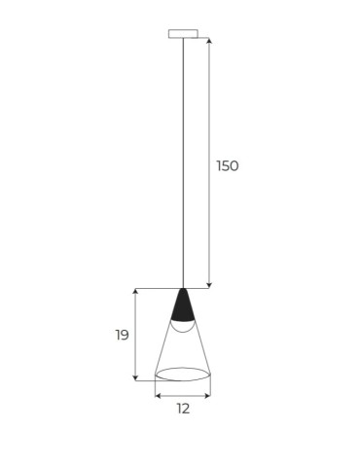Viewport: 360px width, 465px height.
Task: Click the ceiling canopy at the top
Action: pyautogui.click(x=182, y=34)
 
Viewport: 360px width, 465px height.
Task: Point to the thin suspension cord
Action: pyautogui.click(x=182, y=156)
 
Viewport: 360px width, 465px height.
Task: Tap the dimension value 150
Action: pyautogui.click(x=227, y=165)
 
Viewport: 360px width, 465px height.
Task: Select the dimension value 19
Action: pyautogui.click(x=122, y=335)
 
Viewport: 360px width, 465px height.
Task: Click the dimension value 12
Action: pyautogui.click(x=182, y=410)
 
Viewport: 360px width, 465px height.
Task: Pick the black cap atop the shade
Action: pyautogui.click(x=182, y=306)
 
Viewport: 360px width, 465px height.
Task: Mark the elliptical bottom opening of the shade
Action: pyautogui.click(x=182, y=375)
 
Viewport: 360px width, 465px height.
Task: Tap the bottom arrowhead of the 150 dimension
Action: pyautogui.click(x=209, y=284)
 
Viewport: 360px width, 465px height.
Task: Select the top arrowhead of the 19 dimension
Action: pyautogui.click(x=136, y=293)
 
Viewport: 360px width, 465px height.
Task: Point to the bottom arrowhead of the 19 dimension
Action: pyautogui.click(x=136, y=376)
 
